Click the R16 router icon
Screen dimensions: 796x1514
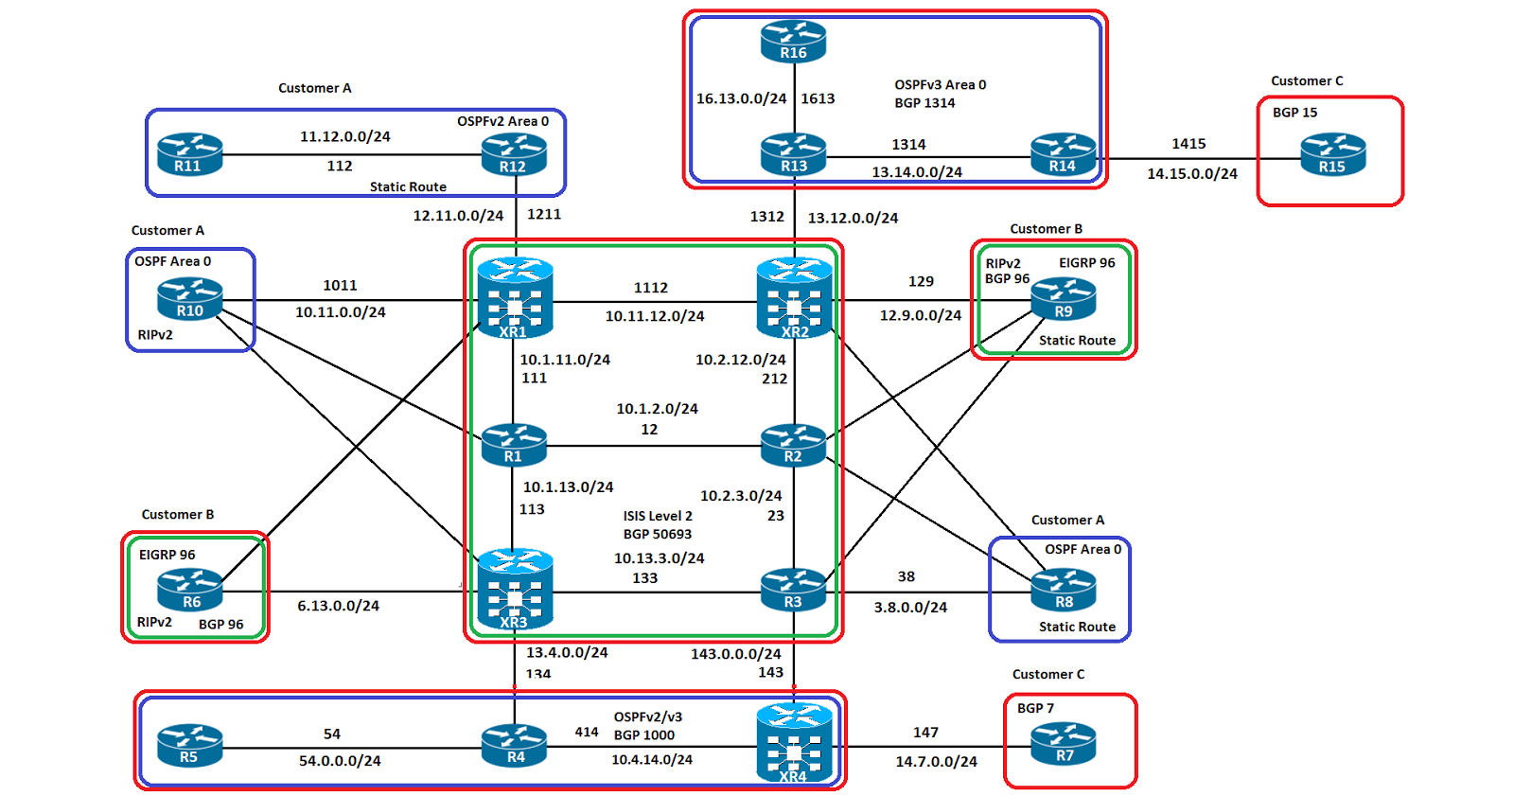click(x=793, y=43)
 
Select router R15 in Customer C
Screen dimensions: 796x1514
click(x=1332, y=155)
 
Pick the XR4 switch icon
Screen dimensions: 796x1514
click(x=794, y=744)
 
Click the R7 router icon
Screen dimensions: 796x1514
click(x=1064, y=744)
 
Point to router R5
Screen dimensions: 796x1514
click(x=189, y=746)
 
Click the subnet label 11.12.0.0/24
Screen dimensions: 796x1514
click(x=345, y=136)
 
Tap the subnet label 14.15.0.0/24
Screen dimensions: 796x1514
click(x=1192, y=174)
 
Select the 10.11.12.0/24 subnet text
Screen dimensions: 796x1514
click(x=655, y=316)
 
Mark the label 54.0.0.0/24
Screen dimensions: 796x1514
click(x=340, y=761)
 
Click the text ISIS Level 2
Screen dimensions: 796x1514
click(x=658, y=516)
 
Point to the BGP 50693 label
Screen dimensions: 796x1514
click(x=658, y=534)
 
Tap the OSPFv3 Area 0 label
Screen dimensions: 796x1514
click(x=941, y=85)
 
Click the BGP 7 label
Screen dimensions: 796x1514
click(x=1035, y=708)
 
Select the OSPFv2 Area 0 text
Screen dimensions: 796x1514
click(x=502, y=121)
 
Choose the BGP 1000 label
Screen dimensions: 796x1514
click(x=644, y=735)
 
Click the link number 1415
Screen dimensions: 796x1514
click(x=1188, y=144)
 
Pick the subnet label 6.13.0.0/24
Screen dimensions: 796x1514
click(x=338, y=606)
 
